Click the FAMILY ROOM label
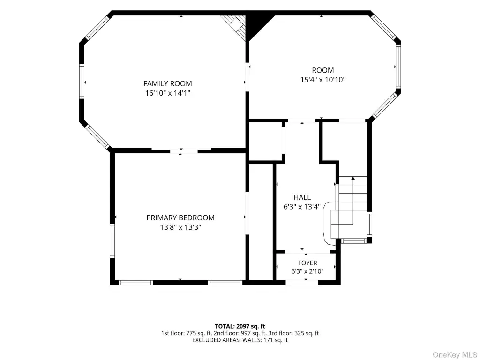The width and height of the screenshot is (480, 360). click(x=168, y=83)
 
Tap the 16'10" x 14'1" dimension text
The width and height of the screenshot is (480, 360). click(x=168, y=93)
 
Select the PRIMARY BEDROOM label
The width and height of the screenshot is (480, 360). click(x=180, y=217)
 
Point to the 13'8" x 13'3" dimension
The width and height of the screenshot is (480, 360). click(x=180, y=227)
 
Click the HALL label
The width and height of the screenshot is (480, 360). click(x=302, y=197)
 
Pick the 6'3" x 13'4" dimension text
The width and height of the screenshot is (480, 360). click(x=302, y=207)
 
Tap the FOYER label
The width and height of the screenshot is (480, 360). click(x=307, y=263)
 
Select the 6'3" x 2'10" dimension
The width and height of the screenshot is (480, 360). click(x=307, y=271)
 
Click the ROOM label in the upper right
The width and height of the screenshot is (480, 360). click(x=323, y=70)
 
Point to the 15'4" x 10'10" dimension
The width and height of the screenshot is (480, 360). click(x=323, y=80)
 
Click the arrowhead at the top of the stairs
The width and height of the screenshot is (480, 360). click(x=353, y=178)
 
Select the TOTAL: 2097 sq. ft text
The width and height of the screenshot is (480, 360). click(x=240, y=326)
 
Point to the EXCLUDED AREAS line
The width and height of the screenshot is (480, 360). click(x=240, y=340)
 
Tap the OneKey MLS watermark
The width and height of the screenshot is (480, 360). click(x=455, y=355)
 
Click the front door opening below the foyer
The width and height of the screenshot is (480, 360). click(x=302, y=283)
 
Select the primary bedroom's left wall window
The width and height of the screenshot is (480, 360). click(x=112, y=241)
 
